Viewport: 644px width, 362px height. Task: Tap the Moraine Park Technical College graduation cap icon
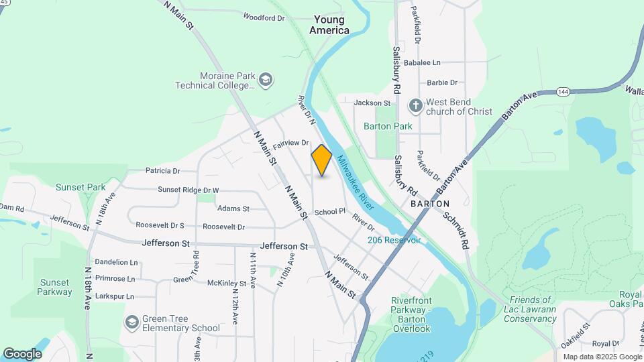tap(266, 80)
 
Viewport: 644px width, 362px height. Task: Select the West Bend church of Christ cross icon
tap(416, 106)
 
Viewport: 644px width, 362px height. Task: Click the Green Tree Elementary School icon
tap(131, 322)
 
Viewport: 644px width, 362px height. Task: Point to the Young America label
tap(329, 25)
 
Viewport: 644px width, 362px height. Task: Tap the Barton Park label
tap(388, 126)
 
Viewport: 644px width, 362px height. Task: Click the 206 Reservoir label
tap(394, 240)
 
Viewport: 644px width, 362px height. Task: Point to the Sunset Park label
tap(80, 187)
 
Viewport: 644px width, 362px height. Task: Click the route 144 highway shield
tap(562, 90)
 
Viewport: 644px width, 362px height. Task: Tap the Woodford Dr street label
tap(264, 17)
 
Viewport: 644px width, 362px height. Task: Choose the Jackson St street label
tap(372, 103)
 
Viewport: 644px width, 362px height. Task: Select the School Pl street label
tap(329, 211)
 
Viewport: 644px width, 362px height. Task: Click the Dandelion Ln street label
tap(116, 262)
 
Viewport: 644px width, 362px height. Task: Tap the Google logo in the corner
tap(22, 353)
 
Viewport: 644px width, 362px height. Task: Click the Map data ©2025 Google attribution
tap(601, 357)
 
